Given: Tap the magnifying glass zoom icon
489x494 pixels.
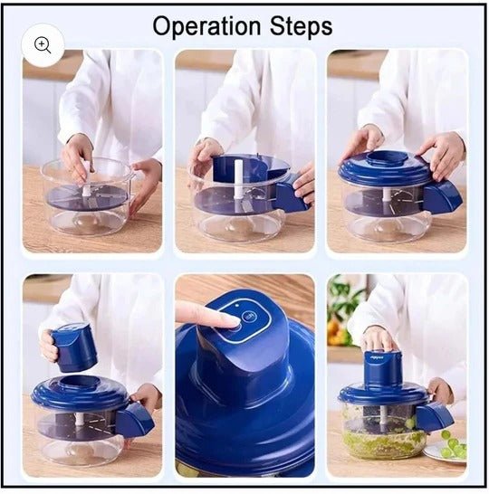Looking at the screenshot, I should (x=43, y=45).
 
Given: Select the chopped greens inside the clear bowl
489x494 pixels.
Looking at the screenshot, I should (x=383, y=442).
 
